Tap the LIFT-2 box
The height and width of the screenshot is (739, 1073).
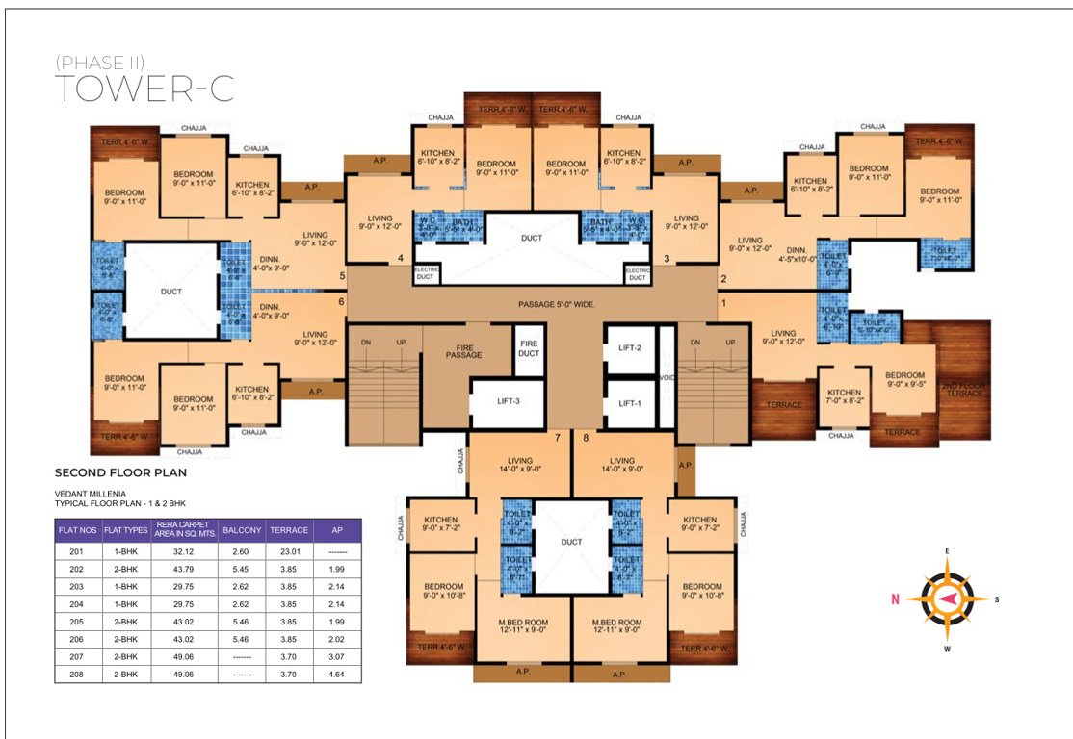tap(631, 347)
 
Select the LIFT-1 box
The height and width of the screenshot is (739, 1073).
tap(631, 403)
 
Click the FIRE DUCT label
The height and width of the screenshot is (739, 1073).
tap(528, 348)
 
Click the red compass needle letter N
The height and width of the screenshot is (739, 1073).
tap(896, 599)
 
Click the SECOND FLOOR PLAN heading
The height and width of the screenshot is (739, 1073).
tap(119, 473)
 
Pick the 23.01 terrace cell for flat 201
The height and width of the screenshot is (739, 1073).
tap(289, 552)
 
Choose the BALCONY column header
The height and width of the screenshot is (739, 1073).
tap(242, 530)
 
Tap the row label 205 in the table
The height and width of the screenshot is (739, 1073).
tap(77, 622)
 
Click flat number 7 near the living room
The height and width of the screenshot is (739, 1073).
tap(557, 439)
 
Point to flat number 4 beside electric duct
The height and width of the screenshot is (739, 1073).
tap(401, 258)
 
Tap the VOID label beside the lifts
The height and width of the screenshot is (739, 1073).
tap(667, 377)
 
